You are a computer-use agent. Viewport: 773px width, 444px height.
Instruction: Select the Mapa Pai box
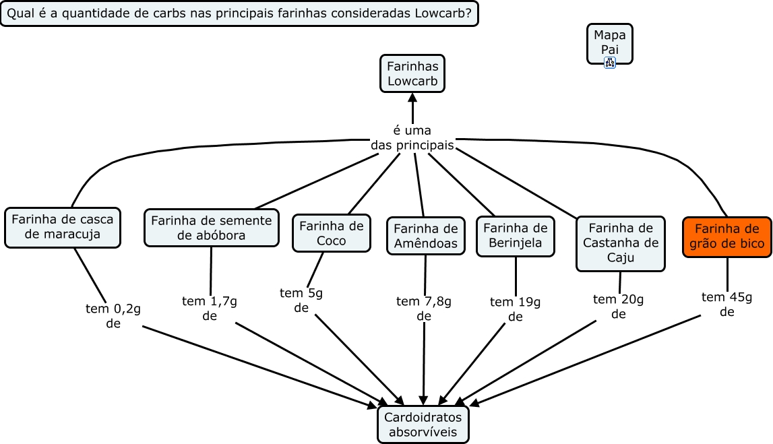[610, 42]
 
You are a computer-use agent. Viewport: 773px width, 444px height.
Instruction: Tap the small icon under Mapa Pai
[610, 63]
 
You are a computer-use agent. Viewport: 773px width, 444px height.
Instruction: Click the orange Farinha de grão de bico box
[727, 236]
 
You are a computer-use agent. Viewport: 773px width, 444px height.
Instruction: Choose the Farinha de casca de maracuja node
[62, 227]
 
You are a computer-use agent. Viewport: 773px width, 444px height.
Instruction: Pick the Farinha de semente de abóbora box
[212, 228]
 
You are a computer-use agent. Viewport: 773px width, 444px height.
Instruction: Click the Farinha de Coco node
[332, 233]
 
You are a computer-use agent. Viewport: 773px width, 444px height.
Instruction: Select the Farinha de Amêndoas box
[425, 236]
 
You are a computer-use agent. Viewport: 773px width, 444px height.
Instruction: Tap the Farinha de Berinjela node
[516, 236]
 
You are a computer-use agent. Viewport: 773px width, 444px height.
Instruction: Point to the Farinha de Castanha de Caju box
[620, 243]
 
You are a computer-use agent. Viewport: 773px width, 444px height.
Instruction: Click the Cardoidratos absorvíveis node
[423, 424]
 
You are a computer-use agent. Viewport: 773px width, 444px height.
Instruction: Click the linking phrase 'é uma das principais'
[412, 137]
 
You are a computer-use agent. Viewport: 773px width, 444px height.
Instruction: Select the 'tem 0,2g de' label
[113, 315]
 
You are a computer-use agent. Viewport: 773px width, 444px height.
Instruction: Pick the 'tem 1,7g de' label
[210, 308]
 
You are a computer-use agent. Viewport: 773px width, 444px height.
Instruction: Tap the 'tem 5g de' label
[301, 300]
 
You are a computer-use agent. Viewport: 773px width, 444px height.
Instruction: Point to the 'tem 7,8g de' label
[424, 308]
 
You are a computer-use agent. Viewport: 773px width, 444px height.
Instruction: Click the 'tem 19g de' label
[516, 309]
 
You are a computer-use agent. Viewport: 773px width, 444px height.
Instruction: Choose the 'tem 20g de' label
[619, 307]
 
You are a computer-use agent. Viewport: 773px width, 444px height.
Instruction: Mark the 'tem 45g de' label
[727, 305]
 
